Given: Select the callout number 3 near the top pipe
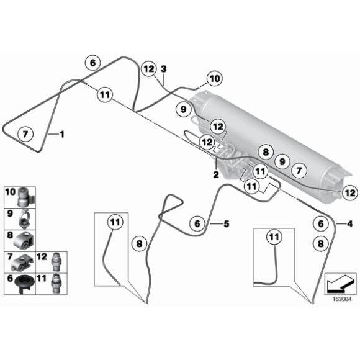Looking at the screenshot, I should (164, 68).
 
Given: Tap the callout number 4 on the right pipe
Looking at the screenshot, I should (351, 223).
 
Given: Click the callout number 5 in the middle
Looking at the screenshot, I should (227, 223).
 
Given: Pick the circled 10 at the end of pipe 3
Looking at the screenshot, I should (213, 79).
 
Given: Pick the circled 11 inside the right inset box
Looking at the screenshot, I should (273, 236).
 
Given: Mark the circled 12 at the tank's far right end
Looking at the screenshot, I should (350, 193).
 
